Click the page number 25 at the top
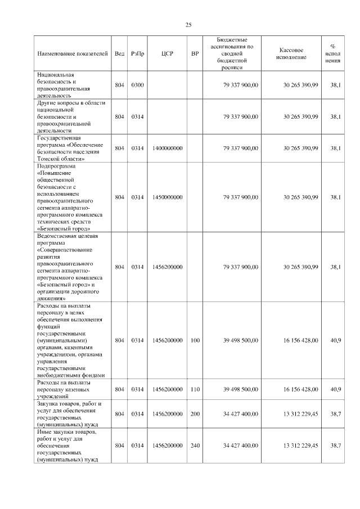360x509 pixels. [x=188, y=25]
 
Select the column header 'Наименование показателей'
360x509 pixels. [x=72, y=54]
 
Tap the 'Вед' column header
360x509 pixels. [x=119, y=54]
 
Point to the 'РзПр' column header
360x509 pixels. [x=137, y=54]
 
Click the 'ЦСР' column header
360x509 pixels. [x=167, y=54]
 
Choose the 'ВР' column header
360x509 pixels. [x=195, y=54]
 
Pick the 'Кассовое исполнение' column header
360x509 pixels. [x=291, y=53]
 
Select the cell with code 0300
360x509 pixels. [x=137, y=85]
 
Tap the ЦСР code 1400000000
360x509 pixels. [x=167, y=148]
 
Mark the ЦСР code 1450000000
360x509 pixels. [x=167, y=197]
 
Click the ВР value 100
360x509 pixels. [x=195, y=340]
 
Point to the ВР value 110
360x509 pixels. [x=195, y=389]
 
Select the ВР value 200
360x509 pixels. [x=195, y=414]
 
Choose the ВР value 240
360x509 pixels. [x=195, y=445]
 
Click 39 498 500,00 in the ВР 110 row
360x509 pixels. [x=241, y=389]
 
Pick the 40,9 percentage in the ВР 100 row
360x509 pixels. [x=336, y=340]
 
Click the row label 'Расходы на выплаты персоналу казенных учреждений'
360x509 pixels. [x=69, y=389]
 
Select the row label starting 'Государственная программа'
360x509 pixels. [x=69, y=148]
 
